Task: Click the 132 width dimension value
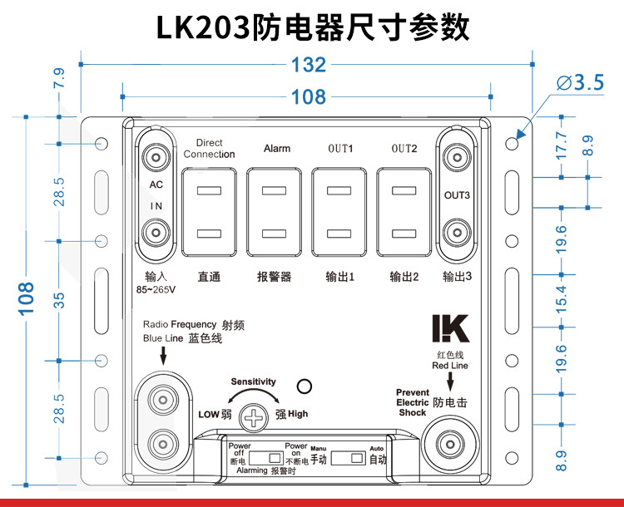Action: click(x=309, y=65)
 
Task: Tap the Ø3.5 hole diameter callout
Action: click(x=580, y=82)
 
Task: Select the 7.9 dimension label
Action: click(x=59, y=78)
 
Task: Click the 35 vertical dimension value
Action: click(x=59, y=300)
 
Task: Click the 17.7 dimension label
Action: click(x=561, y=146)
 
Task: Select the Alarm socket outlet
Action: click(x=274, y=212)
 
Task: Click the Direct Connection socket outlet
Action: click(x=209, y=212)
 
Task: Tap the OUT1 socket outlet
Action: click(x=339, y=212)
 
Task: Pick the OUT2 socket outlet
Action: click(x=404, y=212)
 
